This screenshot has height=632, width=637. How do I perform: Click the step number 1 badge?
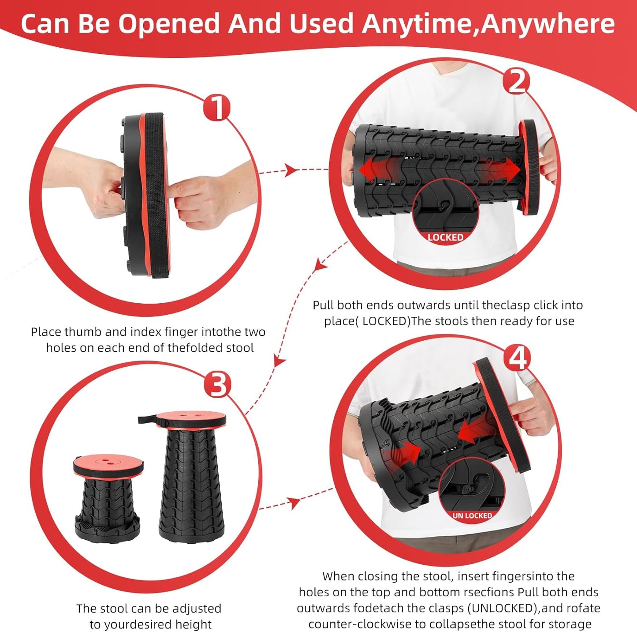(217, 107)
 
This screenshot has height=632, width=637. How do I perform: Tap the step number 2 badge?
(517, 81)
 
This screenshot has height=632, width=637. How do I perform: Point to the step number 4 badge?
(517, 358)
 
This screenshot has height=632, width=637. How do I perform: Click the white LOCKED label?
(445, 237)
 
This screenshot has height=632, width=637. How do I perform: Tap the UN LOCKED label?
(472, 515)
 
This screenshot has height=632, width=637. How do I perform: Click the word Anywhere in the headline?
(548, 24)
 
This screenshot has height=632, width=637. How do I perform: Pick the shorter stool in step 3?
(108, 497)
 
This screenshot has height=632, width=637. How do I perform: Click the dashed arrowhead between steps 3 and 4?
(294, 503)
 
